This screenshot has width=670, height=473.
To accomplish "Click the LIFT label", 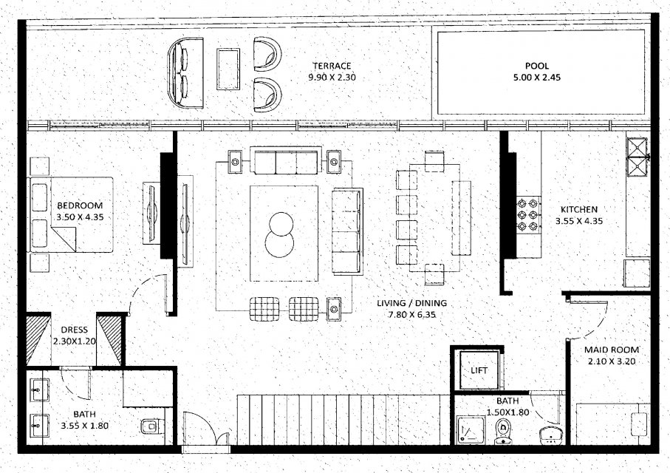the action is click(x=479, y=370).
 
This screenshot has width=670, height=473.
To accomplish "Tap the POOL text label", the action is click(x=537, y=66).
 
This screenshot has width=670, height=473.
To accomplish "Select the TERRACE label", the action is click(x=332, y=66).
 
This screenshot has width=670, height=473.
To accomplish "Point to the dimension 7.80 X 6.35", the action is click(x=411, y=315).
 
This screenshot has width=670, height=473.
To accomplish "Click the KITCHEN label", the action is click(x=579, y=210).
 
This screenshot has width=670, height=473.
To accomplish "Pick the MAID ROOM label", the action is click(x=612, y=350).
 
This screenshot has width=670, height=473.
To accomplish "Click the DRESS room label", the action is click(x=75, y=330).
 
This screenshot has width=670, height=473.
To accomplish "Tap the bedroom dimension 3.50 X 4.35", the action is click(x=80, y=217).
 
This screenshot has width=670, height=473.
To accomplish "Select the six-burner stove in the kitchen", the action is click(x=528, y=214).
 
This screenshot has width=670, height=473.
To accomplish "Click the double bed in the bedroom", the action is click(x=71, y=214).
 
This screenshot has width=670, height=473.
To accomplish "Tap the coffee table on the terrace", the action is click(x=228, y=69).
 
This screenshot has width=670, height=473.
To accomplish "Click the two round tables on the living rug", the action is click(x=280, y=234).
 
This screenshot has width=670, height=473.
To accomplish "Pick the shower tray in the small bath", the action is click(x=471, y=431).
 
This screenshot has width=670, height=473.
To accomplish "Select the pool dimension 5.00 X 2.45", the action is click(x=537, y=78).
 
